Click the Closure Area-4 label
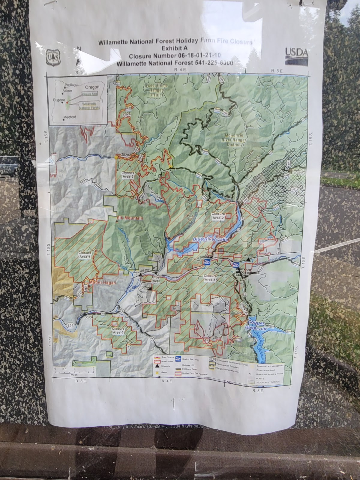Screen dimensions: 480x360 85,255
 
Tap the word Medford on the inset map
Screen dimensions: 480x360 70,117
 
